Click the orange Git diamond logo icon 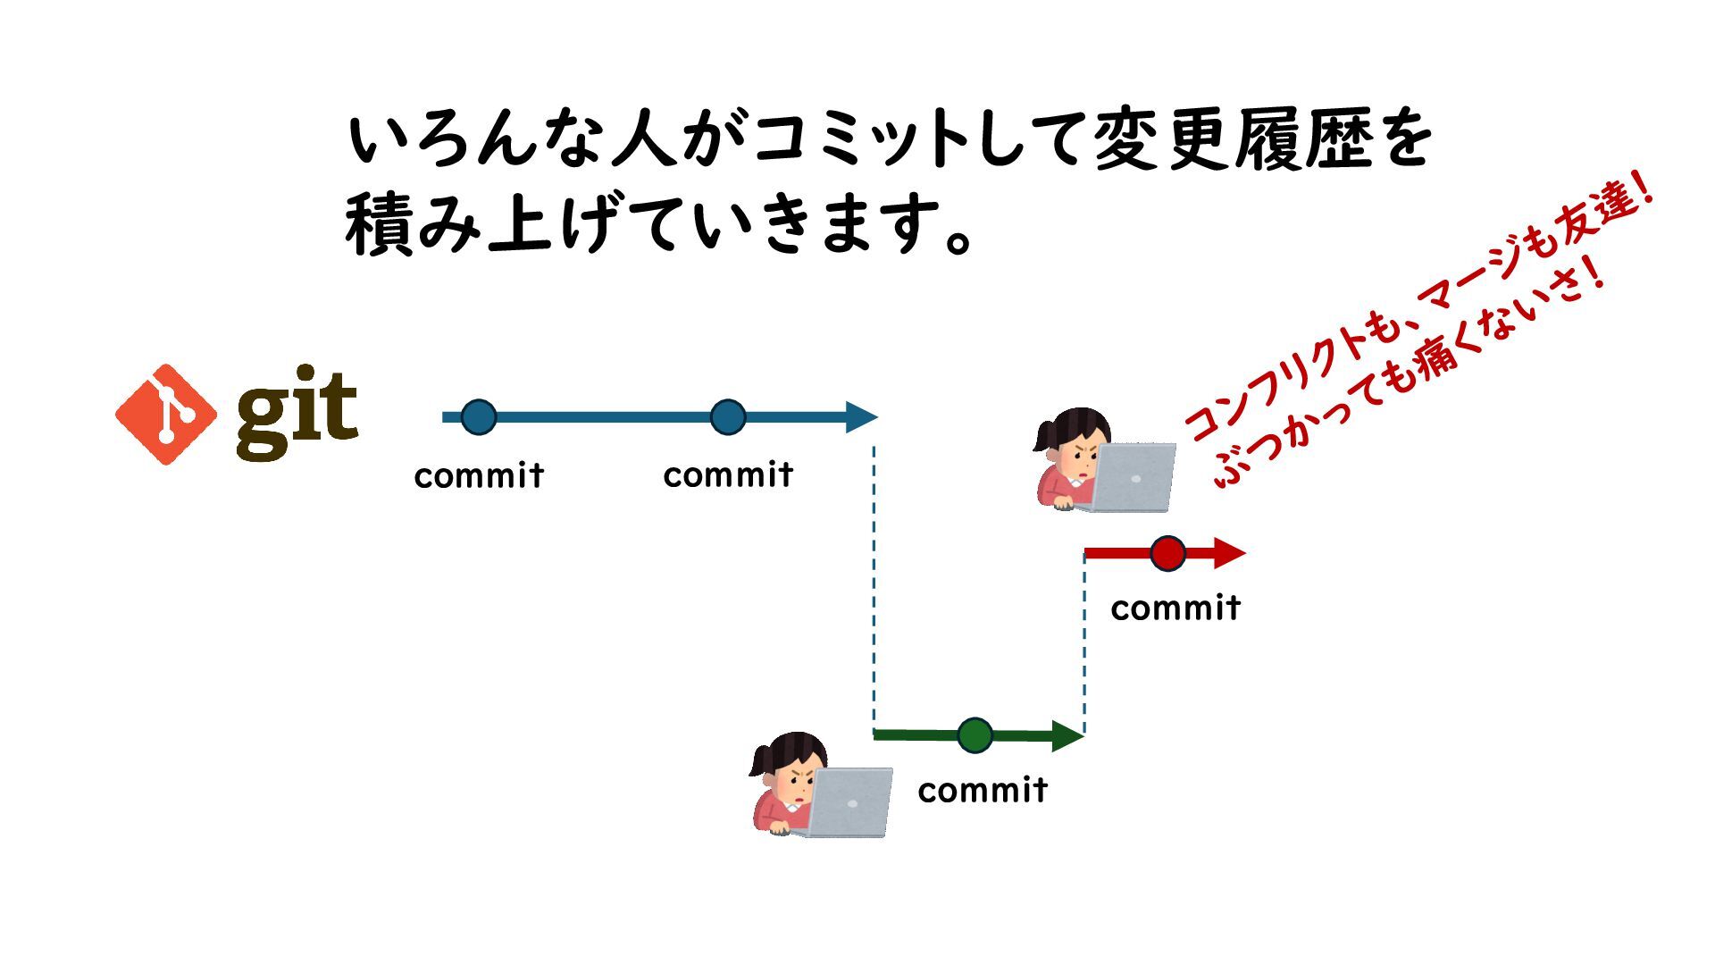pyautogui.click(x=166, y=415)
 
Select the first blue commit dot pyautogui.click(x=479, y=417)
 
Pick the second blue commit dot pyautogui.click(x=728, y=417)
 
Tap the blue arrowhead pyautogui.click(x=861, y=417)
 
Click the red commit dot pyautogui.click(x=1167, y=554)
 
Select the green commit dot pyautogui.click(x=975, y=735)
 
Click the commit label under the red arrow pyautogui.click(x=1175, y=608)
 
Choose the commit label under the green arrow pyautogui.click(x=983, y=790)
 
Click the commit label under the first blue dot pyautogui.click(x=479, y=475)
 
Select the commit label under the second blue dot pyautogui.click(x=728, y=474)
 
